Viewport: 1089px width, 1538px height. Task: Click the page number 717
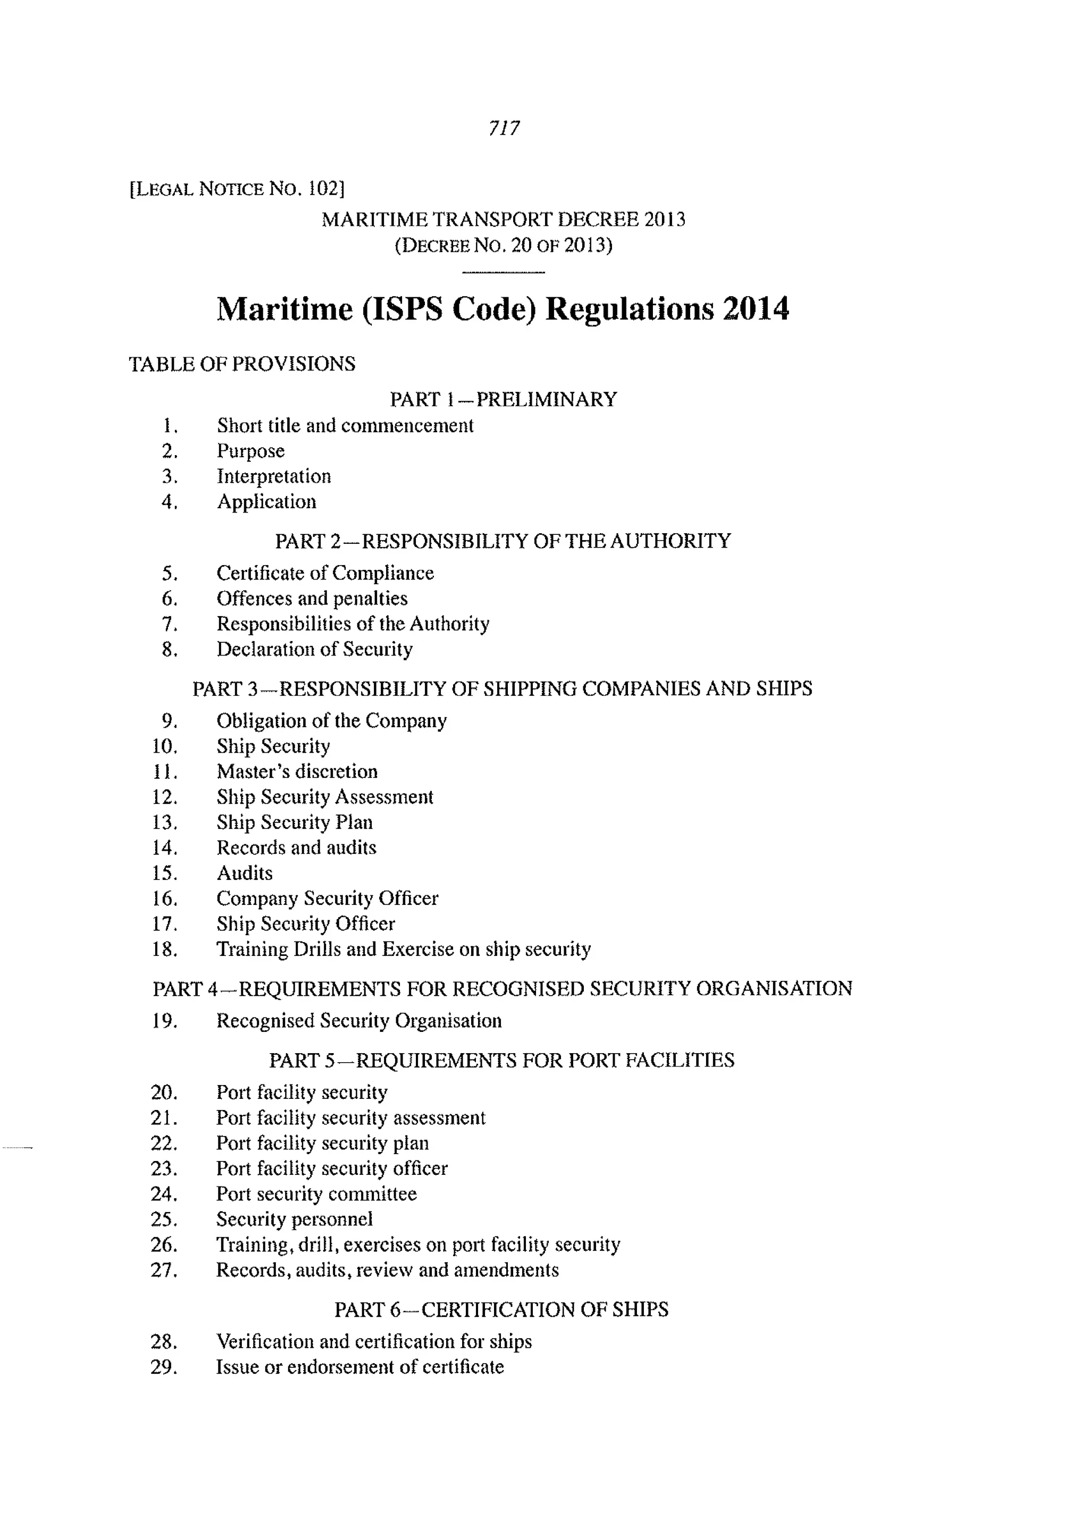tap(504, 128)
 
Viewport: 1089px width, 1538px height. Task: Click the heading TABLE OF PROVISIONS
tap(242, 364)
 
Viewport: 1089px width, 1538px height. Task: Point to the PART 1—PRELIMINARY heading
tap(503, 400)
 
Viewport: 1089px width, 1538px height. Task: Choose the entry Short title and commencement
tap(345, 426)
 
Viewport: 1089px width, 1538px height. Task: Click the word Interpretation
tap(274, 477)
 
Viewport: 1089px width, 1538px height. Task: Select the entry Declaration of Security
tap(314, 650)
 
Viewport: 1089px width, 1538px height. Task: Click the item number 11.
tap(164, 772)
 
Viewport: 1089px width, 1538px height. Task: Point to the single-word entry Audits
tap(244, 873)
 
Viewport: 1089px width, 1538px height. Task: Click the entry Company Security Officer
tap(326, 898)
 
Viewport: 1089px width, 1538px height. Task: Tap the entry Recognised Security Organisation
tap(359, 1021)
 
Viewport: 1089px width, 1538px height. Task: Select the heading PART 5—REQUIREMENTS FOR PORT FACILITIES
tap(501, 1061)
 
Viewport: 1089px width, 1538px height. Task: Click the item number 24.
tap(164, 1194)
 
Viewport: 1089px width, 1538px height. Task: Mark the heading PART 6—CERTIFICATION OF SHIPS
tap(501, 1309)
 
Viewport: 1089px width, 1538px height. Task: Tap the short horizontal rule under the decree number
tap(503, 272)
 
